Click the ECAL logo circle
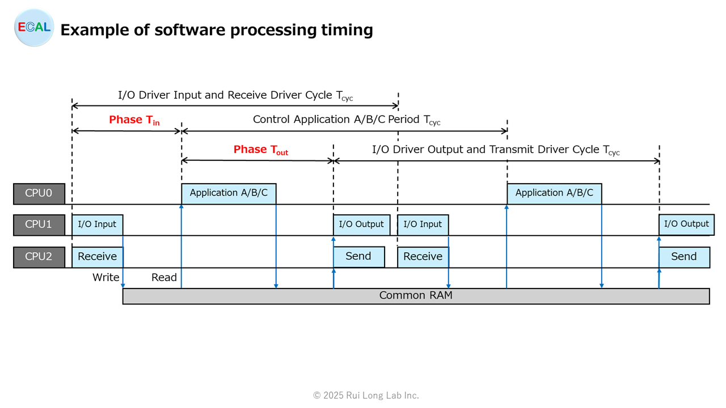point(34,28)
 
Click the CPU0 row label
point(39,193)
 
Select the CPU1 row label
point(39,224)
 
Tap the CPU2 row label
point(39,257)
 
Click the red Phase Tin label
point(134,120)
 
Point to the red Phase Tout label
point(261,150)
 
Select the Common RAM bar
point(416,296)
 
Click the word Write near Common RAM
point(105,278)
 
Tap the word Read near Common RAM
point(164,278)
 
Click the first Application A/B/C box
point(229,194)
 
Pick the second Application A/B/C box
point(555,194)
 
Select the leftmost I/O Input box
point(97,225)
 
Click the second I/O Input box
point(423,225)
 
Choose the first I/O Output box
point(362,225)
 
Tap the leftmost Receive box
point(97,257)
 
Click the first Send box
point(359,257)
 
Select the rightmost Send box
point(685,257)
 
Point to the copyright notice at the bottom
point(366,396)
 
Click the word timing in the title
point(347,30)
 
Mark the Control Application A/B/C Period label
point(347,120)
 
